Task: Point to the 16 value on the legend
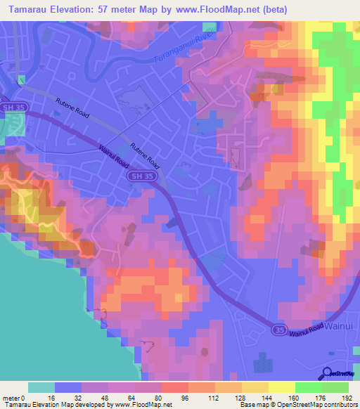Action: (51, 397)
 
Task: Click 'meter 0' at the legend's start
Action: (15, 397)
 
